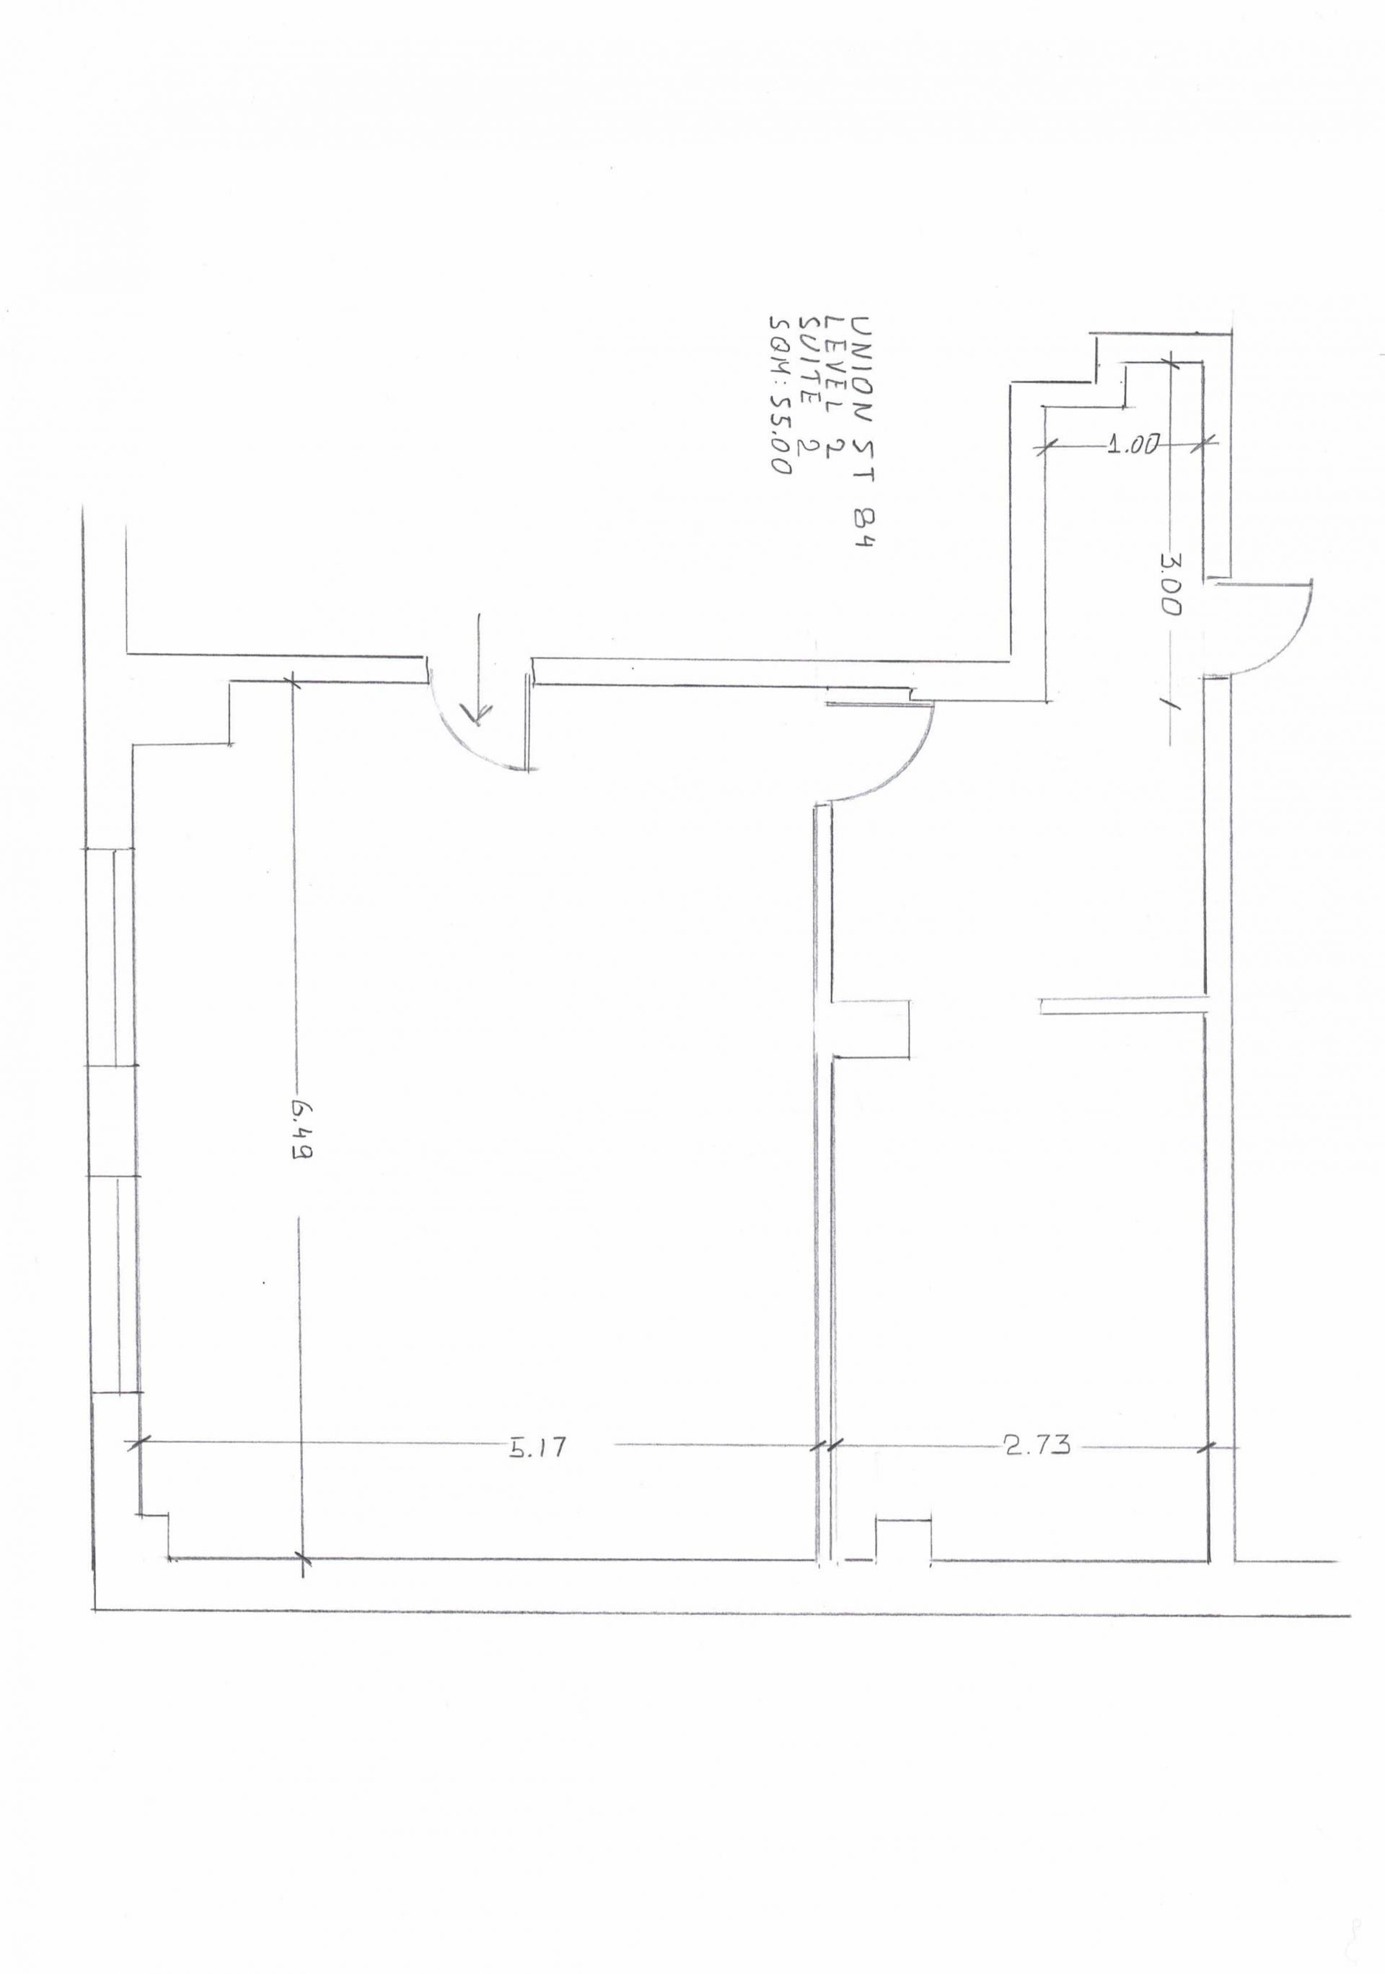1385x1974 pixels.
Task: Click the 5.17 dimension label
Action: tap(539, 1448)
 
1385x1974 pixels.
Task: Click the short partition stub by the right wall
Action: tap(1125, 1006)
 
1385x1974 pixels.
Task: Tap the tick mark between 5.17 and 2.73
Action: tap(824, 1446)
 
